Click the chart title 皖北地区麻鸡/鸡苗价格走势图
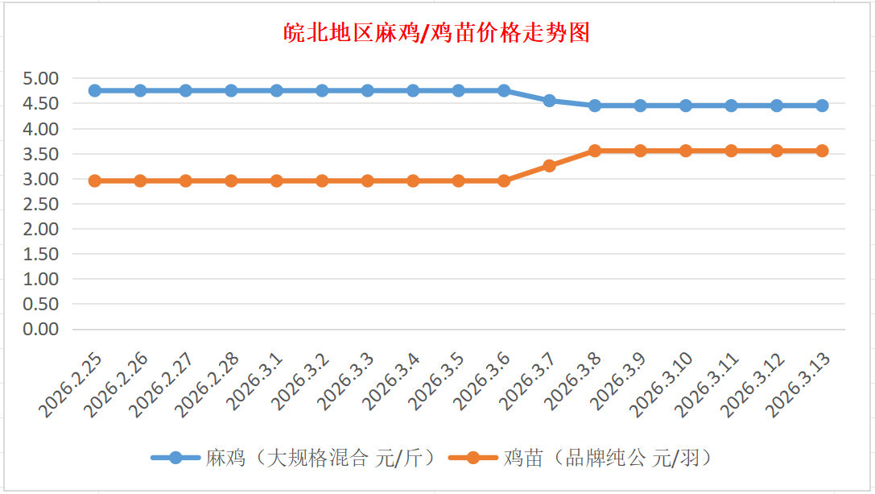437,33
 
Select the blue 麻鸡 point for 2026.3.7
549,101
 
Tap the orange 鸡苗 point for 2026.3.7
549,166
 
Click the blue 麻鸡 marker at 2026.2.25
95,90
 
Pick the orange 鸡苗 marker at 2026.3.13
822,151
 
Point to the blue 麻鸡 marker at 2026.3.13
822,106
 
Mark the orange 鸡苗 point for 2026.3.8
595,151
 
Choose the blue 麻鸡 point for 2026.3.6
504,90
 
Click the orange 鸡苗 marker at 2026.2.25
95,181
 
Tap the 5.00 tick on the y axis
42,79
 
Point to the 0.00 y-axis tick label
42,330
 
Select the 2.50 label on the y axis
42,204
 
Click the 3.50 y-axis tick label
42,154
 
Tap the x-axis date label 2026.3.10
660,385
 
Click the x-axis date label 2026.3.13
796,385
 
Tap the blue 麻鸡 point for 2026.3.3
368,90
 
